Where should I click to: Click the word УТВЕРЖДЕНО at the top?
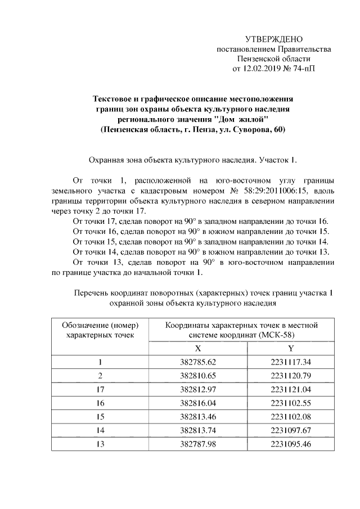tap(274, 39)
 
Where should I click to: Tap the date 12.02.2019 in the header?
tap(263, 69)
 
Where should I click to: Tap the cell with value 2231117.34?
tap(290, 362)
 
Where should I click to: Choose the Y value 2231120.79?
tap(290, 375)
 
